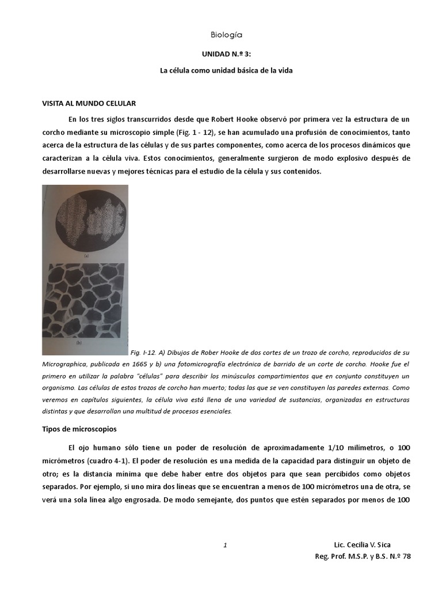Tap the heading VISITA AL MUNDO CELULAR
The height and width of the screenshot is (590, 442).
tap(89, 104)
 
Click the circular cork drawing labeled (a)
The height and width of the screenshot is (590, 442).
tap(85, 222)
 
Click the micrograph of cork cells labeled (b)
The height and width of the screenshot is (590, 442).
tap(85, 305)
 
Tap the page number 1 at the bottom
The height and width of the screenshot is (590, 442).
tap(226, 544)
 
